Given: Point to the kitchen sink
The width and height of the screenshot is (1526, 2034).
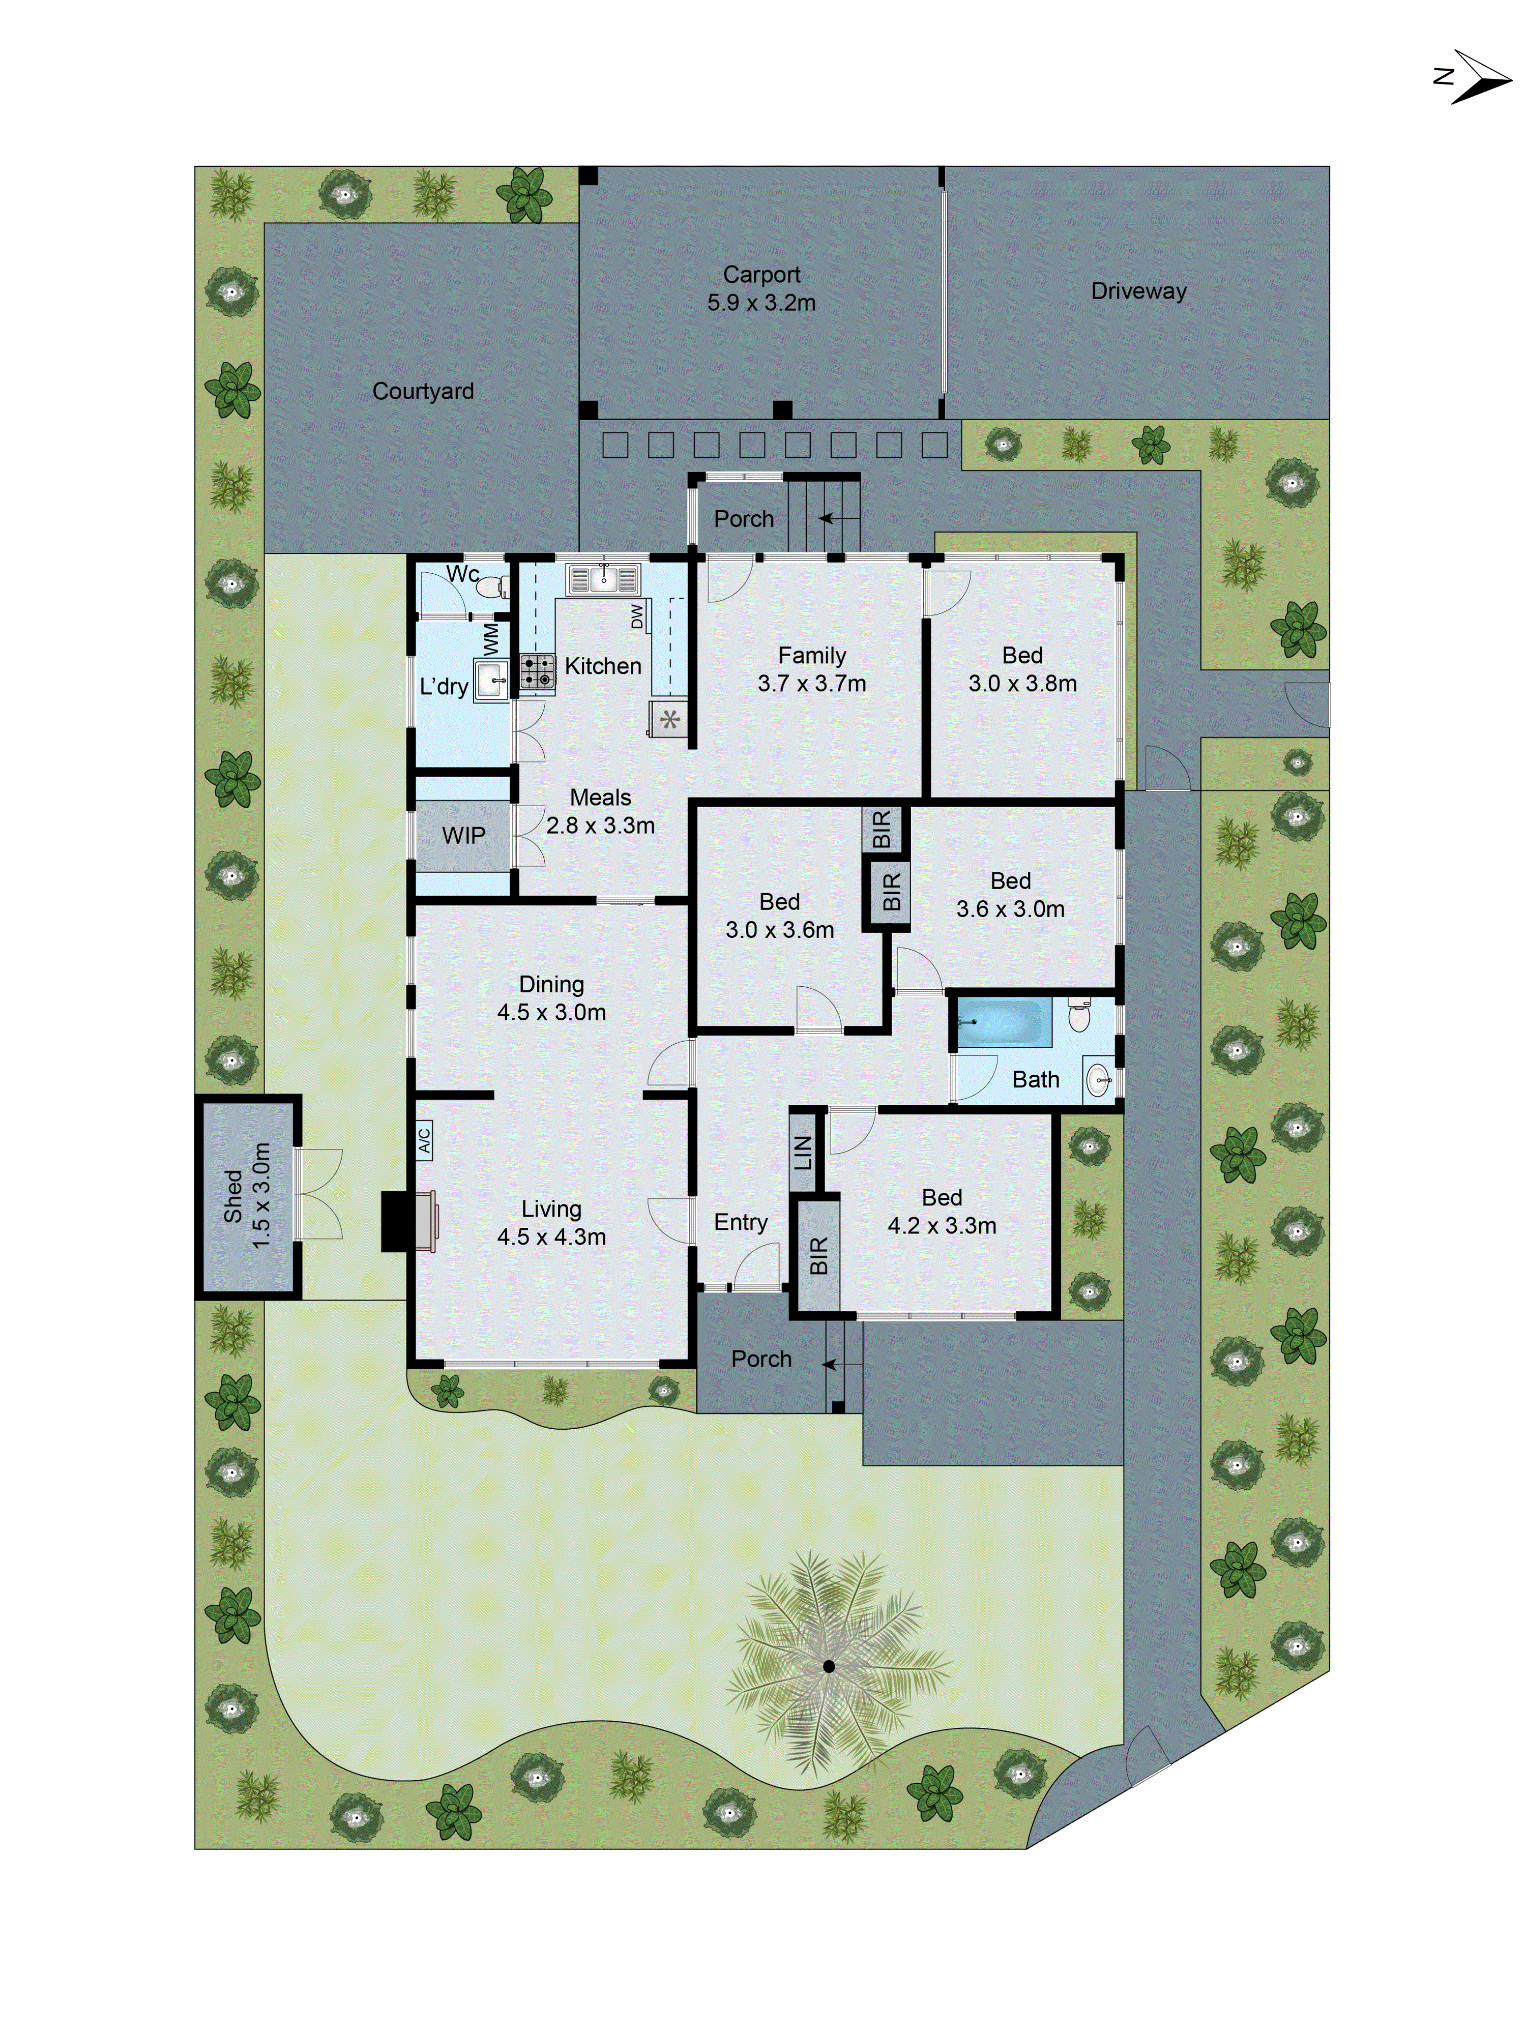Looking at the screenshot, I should tap(603, 579).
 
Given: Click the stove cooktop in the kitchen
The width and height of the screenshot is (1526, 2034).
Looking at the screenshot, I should tap(537, 671).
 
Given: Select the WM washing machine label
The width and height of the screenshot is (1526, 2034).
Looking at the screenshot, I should tap(490, 636).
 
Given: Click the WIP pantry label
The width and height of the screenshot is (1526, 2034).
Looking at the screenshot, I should tap(463, 836).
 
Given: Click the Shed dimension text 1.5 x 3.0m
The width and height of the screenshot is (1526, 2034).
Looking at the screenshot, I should tap(262, 1195).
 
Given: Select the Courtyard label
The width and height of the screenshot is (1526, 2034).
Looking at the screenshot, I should tap(423, 392).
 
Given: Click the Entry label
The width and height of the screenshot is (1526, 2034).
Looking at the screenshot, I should tap(741, 1222).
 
